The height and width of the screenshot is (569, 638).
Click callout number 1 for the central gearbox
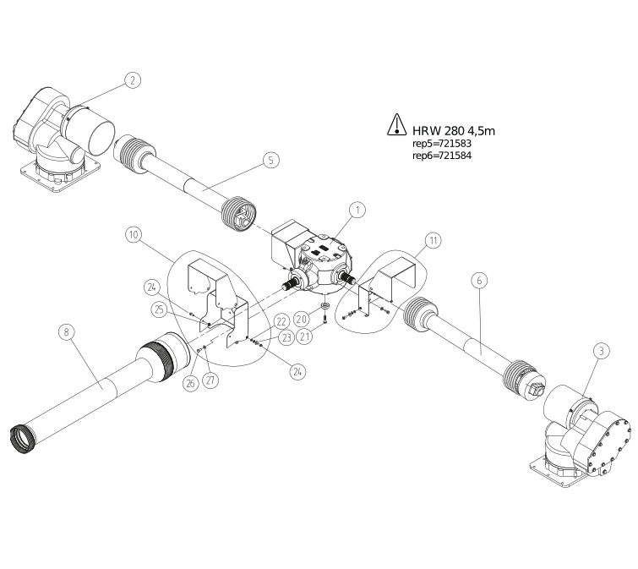point(357,208)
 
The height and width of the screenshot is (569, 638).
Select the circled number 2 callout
point(132,80)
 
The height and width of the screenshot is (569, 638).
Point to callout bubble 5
point(270,160)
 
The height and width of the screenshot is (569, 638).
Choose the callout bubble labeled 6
point(478,281)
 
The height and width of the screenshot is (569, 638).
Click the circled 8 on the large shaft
point(67,332)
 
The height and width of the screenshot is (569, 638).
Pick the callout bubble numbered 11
point(432,241)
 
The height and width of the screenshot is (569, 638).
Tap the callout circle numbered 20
point(302,318)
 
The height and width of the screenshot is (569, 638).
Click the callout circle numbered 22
point(281,321)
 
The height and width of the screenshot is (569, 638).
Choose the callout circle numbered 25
point(158,309)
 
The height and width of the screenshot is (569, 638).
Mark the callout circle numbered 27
point(210,381)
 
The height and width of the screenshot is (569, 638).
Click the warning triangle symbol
point(397,126)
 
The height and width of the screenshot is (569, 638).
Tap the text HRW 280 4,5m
point(453,129)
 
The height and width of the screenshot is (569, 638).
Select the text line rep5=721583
point(442,145)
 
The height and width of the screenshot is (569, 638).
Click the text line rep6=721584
point(442,156)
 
